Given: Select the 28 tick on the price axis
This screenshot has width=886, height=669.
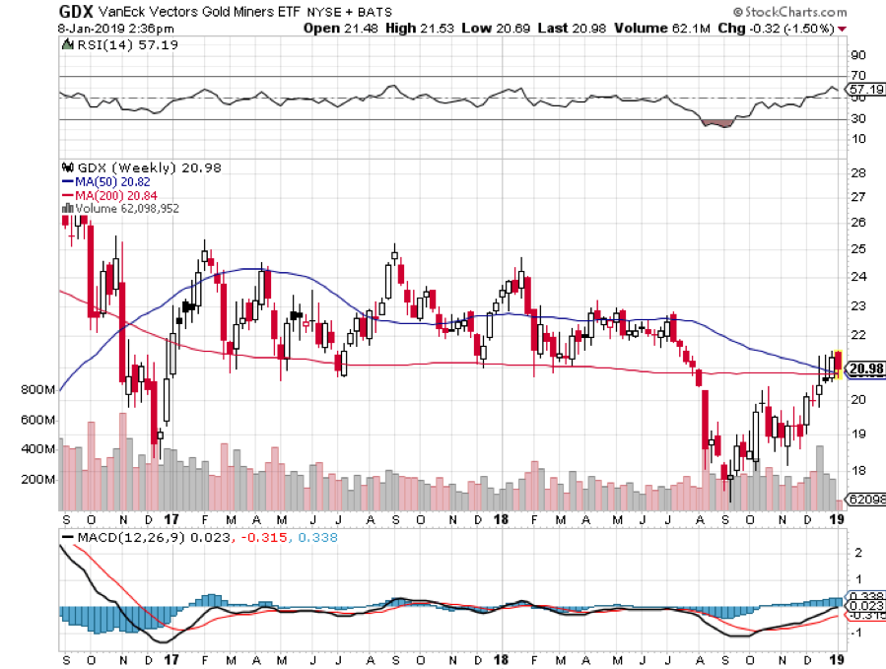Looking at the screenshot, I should coord(858,173).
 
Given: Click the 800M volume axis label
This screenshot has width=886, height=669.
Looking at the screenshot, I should coord(37,390).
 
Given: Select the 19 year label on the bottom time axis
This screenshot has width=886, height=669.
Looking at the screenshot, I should coord(837,658).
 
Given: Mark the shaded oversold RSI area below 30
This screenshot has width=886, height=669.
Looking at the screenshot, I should coord(716,123).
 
